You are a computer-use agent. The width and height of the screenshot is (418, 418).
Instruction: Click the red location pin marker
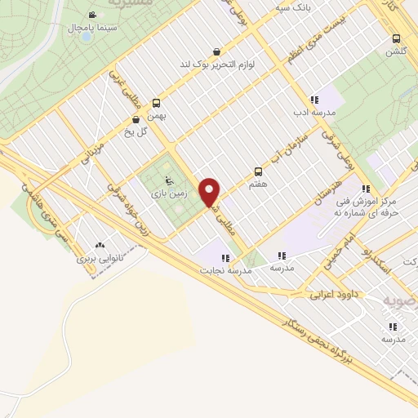click(210, 192)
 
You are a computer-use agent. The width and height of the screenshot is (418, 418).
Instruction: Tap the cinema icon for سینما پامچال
click(92, 16)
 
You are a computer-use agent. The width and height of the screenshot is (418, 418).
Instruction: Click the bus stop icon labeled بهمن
click(156, 103)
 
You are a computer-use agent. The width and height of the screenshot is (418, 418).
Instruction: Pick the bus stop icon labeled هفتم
click(259, 171)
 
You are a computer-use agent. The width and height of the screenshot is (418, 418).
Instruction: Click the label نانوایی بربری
click(99, 258)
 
